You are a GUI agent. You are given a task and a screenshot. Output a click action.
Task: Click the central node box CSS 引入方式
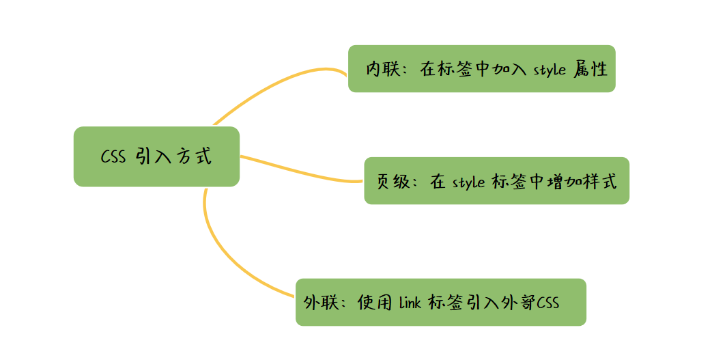click(156, 156)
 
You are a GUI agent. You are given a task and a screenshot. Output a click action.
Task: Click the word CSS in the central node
click(113, 156)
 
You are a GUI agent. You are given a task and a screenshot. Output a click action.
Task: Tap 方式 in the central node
click(193, 156)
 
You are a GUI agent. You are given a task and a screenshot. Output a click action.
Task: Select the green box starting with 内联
click(481, 68)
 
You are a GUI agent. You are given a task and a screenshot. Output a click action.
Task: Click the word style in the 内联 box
click(548, 70)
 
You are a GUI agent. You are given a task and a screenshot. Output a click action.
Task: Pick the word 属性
click(591, 69)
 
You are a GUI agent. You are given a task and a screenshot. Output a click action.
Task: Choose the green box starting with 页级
click(496, 180)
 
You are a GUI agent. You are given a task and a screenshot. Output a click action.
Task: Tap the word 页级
click(394, 181)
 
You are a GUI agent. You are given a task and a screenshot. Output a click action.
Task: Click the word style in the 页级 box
click(468, 182)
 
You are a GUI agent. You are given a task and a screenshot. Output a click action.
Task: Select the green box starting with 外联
click(440, 302)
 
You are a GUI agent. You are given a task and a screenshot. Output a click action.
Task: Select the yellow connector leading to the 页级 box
click(300, 171)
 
